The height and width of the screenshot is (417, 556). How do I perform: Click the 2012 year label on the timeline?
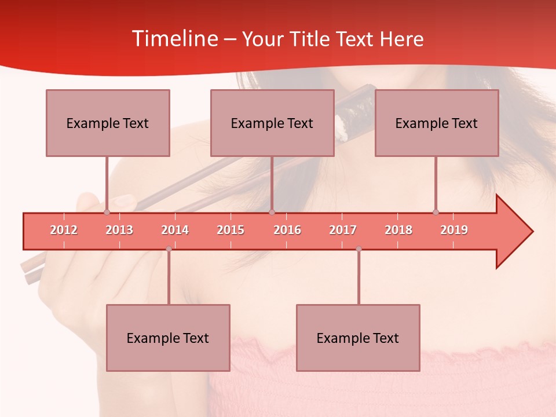click(64, 230)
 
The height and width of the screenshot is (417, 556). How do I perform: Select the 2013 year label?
click(119, 230)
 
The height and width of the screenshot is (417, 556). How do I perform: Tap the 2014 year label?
click(175, 230)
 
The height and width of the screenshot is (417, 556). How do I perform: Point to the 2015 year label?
click(231, 230)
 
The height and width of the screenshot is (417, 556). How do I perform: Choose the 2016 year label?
click(287, 230)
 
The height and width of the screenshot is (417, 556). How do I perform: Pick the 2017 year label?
click(343, 230)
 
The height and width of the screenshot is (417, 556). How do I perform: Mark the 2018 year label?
click(398, 230)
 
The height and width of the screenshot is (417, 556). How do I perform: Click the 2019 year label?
click(454, 230)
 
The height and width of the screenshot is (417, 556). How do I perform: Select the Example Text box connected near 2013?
click(108, 123)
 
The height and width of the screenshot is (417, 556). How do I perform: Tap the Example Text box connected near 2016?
click(272, 123)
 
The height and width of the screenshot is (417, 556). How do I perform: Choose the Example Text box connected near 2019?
click(437, 123)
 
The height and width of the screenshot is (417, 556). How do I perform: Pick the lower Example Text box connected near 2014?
click(168, 338)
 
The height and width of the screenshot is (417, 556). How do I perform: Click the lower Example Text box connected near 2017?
click(358, 338)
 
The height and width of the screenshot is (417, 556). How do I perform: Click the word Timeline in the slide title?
click(174, 39)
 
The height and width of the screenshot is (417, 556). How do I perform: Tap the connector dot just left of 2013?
click(107, 213)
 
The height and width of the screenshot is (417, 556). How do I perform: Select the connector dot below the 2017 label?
click(359, 249)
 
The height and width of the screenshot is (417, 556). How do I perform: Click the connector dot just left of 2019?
click(436, 213)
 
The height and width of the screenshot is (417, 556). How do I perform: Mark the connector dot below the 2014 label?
click(169, 249)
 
